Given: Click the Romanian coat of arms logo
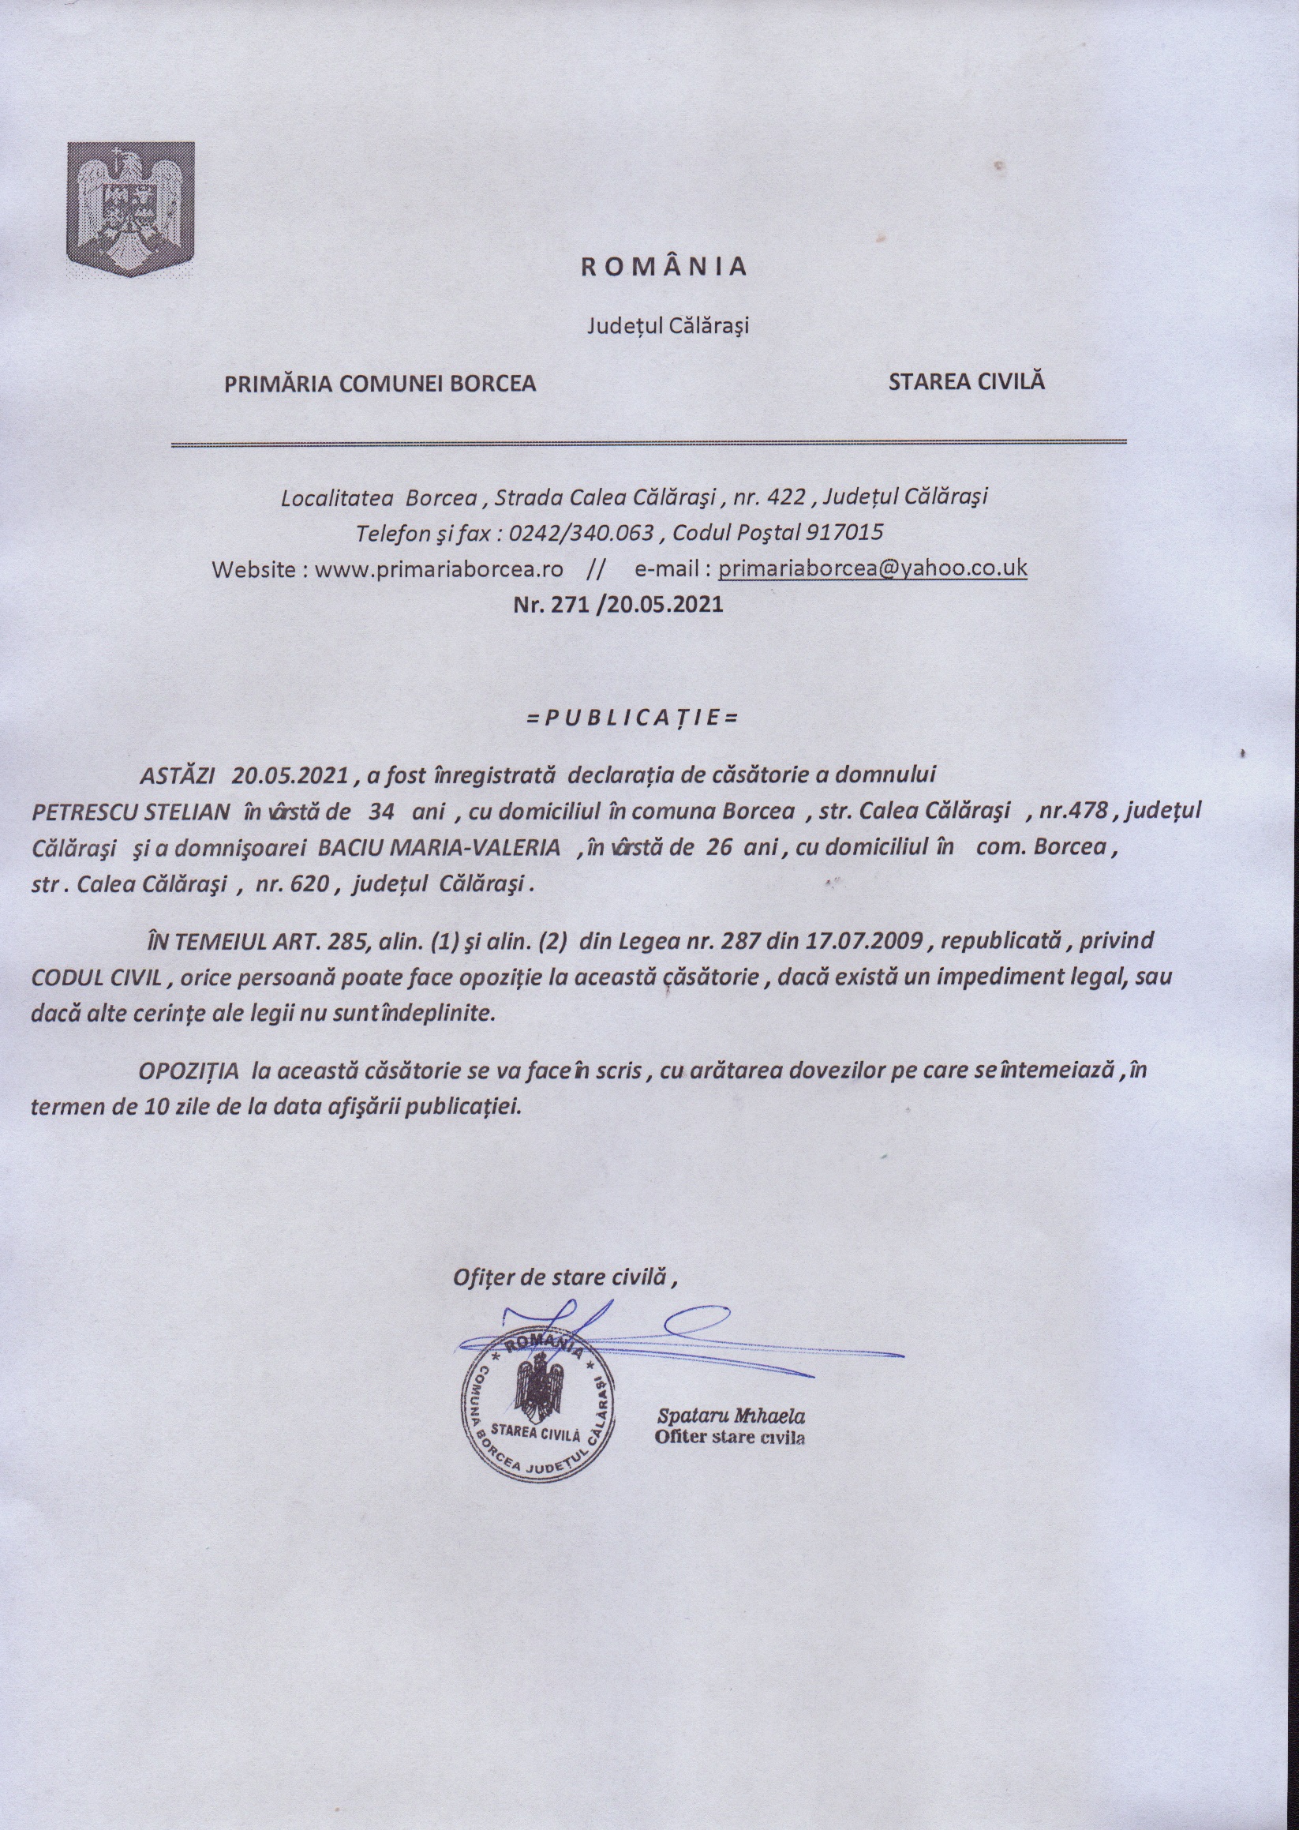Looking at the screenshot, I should click(x=130, y=211).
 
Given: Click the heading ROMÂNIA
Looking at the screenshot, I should click(x=663, y=268).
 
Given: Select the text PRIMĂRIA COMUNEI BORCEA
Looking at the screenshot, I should click(x=380, y=384).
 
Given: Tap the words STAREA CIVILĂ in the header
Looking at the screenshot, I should click(x=966, y=381).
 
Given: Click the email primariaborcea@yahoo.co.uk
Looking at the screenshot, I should click(x=873, y=568).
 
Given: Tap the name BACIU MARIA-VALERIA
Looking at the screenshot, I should click(x=439, y=848).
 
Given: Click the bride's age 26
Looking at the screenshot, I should click(x=719, y=848).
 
